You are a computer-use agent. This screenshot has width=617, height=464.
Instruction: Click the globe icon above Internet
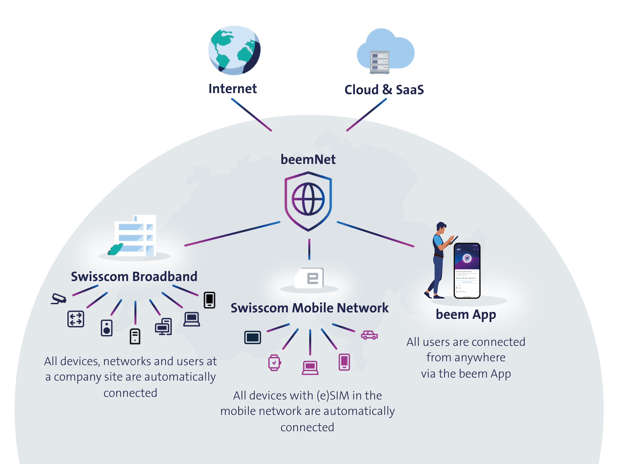[x=234, y=50]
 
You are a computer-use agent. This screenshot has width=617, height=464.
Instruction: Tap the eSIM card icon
[x=310, y=278]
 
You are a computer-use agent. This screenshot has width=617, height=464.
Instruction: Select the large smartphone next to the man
[x=467, y=270]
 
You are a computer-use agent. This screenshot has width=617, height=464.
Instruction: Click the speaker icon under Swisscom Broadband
[x=107, y=328]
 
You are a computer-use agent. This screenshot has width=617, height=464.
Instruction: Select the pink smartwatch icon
[x=274, y=362]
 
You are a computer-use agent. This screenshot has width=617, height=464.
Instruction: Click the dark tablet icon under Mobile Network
[x=252, y=338]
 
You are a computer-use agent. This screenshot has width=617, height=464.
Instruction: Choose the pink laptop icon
[x=310, y=368]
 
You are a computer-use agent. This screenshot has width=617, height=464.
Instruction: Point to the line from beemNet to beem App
[x=375, y=234]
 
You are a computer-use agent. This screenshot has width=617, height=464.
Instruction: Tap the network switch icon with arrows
[x=76, y=319]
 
